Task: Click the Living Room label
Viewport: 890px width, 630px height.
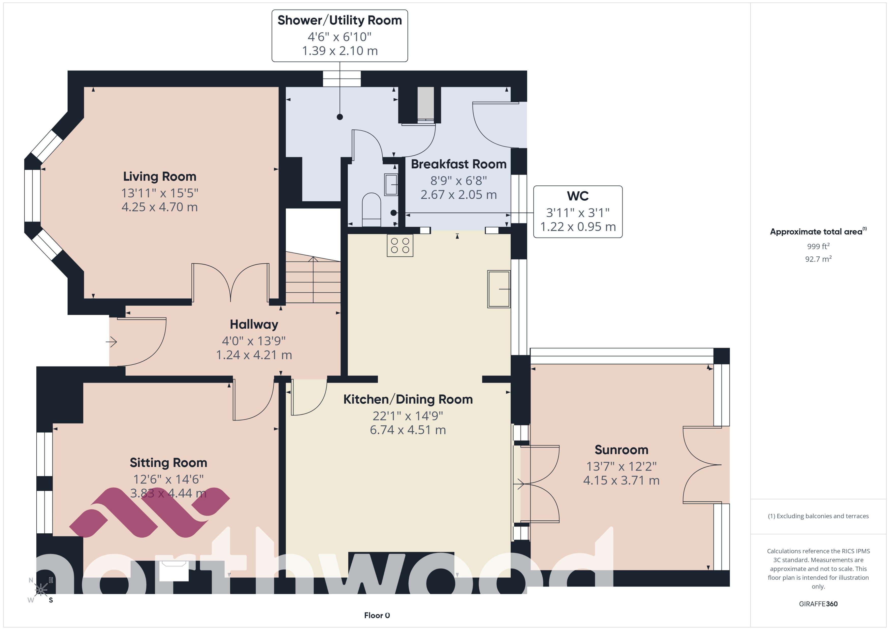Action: pos(159,177)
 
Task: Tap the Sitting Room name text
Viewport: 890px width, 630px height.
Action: pos(168,463)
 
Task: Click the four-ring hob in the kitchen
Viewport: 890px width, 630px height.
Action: pos(400,245)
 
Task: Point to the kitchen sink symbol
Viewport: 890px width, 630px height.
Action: pos(499,289)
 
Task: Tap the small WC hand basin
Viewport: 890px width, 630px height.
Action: pos(391,185)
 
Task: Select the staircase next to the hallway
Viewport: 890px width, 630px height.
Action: pos(313,279)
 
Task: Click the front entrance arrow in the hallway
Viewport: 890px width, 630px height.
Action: pos(111,342)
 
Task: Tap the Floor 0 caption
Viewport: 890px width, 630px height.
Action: pos(377,615)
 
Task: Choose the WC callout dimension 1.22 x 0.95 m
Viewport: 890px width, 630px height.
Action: pos(577,227)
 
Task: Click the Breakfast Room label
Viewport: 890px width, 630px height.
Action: pos(458,164)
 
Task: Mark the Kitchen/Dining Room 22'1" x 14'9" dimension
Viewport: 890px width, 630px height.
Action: pos(408,416)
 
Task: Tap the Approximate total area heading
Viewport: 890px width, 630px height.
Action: pos(816,232)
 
